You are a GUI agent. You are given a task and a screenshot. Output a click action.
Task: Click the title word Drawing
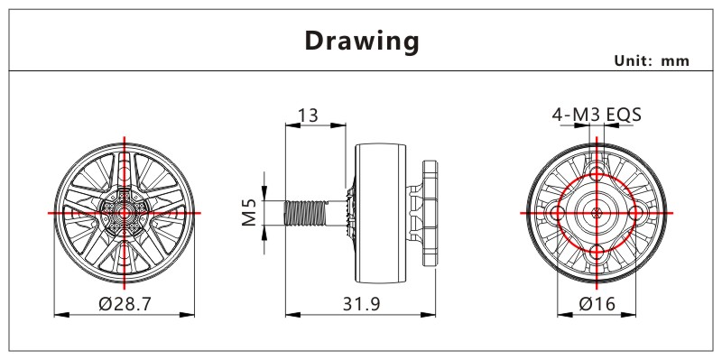pyautogui.click(x=362, y=42)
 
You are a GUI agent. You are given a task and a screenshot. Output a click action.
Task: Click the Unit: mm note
pyautogui.click(x=652, y=60)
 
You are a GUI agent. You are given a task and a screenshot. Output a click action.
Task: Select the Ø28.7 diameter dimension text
pyautogui.click(x=125, y=304)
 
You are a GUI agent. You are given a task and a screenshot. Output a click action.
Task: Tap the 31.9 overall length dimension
pyautogui.click(x=362, y=304)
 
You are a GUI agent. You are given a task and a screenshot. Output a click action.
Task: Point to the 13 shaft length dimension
pyautogui.click(x=308, y=115)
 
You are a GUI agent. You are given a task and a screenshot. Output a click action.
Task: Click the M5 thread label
pyautogui.click(x=249, y=212)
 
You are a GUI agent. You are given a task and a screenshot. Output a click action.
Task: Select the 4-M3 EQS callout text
pyautogui.click(x=597, y=115)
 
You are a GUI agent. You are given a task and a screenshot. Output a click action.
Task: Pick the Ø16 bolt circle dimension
pyautogui.click(x=597, y=304)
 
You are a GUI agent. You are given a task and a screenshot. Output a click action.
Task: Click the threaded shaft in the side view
pyautogui.click(x=305, y=213)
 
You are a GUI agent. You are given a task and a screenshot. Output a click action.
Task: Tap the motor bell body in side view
pyautogui.click(x=380, y=213)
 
